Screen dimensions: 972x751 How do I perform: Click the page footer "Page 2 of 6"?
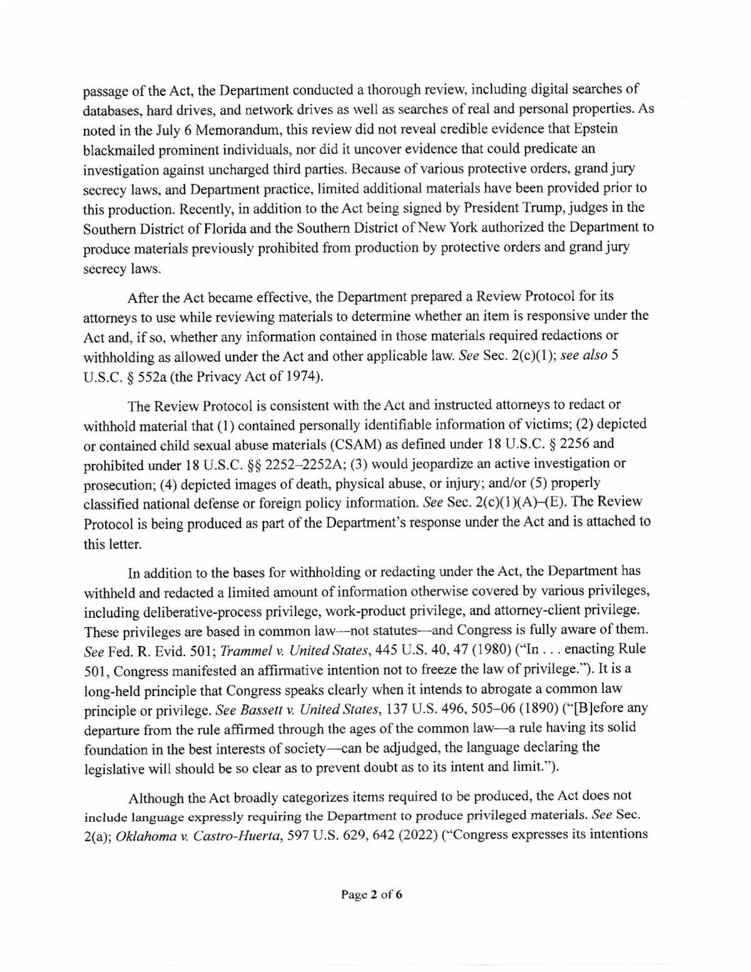pos(370,894)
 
